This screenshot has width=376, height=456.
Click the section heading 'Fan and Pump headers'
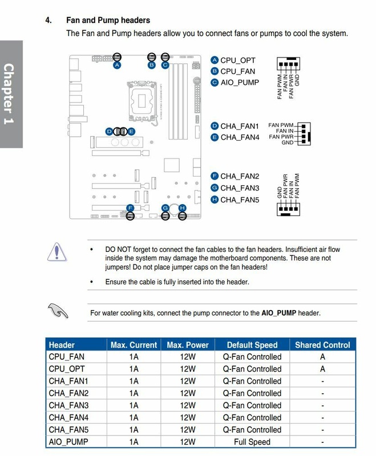[108, 20]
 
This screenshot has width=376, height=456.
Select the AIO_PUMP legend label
[240, 83]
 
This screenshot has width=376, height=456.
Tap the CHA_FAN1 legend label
[240, 126]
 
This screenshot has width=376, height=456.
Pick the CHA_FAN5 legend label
[240, 199]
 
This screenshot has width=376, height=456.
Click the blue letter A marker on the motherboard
[116, 65]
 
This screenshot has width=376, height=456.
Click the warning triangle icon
[57, 252]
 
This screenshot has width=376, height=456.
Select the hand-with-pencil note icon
[58, 311]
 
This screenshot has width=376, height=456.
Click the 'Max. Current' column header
[134, 345]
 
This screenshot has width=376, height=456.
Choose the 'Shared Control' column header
[322, 345]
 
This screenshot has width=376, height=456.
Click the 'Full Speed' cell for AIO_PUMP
[252, 442]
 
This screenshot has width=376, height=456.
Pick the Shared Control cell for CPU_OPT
[322, 369]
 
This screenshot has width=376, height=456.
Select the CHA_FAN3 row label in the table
[68, 405]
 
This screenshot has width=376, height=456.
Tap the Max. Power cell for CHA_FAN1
[188, 381]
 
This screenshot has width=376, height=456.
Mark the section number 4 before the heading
[48, 20]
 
